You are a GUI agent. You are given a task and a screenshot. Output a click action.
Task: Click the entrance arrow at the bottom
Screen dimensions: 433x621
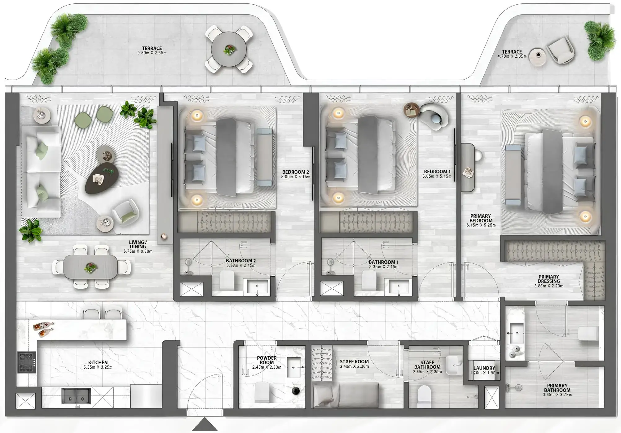click(x=205, y=424)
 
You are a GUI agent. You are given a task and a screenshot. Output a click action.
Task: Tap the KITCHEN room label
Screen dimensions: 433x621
click(x=98, y=362)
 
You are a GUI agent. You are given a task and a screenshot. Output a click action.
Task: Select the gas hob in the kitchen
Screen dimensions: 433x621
click(x=27, y=362)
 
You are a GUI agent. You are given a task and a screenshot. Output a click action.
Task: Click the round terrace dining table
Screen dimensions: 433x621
click(x=229, y=49)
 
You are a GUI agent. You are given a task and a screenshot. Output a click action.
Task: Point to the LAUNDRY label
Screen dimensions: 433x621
click(x=484, y=368)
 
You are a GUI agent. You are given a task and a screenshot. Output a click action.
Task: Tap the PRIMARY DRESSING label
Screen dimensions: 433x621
click(x=548, y=279)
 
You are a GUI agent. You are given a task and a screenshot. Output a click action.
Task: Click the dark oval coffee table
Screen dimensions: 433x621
click(x=102, y=178)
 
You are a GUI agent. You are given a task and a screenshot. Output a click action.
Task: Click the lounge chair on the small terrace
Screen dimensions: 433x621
click(x=560, y=51)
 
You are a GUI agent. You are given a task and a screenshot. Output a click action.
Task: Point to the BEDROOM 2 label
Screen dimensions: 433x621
click(x=295, y=172)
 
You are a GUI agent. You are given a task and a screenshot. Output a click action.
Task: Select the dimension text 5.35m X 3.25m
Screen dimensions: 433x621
click(x=98, y=367)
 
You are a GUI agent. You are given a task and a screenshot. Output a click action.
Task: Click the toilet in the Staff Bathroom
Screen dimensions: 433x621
click(x=424, y=396)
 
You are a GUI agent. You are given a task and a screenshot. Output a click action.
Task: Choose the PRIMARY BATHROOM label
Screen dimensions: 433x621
click(x=557, y=388)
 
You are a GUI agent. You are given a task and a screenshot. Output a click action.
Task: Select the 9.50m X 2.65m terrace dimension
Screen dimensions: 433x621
click(x=152, y=53)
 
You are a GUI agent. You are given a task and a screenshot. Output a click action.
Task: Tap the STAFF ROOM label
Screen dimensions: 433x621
click(x=354, y=361)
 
